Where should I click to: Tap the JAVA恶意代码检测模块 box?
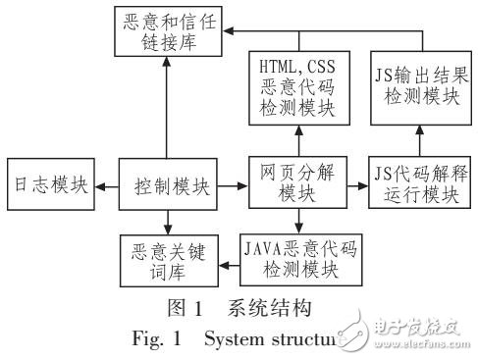[298, 257]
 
